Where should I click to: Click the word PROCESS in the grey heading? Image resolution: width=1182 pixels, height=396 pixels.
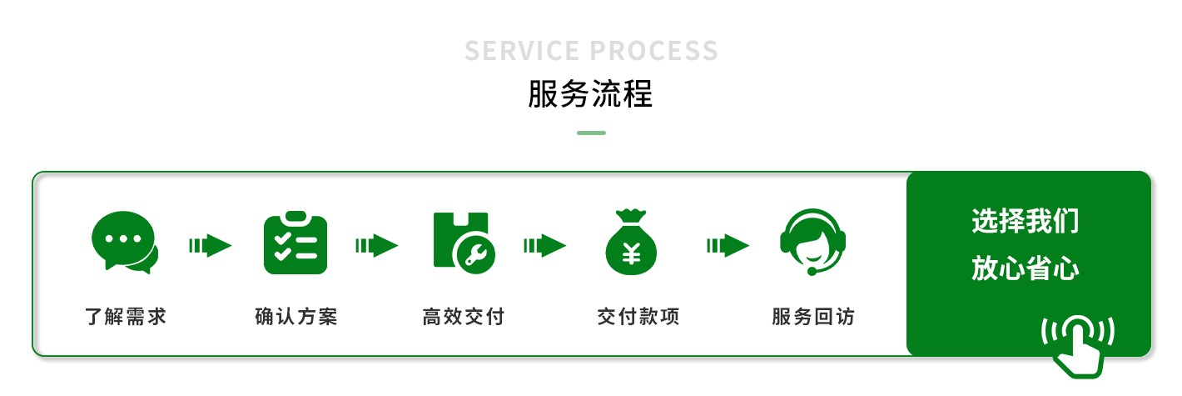click(653, 51)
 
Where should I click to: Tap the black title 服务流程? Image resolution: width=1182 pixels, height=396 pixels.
click(590, 94)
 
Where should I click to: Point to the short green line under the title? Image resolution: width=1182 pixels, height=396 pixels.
click(591, 133)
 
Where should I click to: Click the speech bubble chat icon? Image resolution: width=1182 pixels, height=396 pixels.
click(125, 242)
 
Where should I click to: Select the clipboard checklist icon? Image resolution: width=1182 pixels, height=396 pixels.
click(295, 242)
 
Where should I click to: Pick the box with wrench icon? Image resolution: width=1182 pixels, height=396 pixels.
click(464, 243)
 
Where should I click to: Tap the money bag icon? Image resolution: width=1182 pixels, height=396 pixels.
click(631, 242)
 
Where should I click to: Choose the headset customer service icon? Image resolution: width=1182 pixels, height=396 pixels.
click(812, 242)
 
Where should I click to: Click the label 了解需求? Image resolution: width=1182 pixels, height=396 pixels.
click(126, 317)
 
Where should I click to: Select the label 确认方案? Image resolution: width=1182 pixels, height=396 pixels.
click(296, 317)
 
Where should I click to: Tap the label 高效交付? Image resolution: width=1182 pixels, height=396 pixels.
click(464, 317)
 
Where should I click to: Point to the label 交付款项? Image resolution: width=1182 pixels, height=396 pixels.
click(638, 317)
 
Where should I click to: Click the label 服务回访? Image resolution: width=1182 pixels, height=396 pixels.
click(813, 317)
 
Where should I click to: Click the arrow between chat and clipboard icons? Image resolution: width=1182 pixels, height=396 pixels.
click(210, 245)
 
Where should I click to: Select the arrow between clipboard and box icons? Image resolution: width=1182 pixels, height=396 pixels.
click(377, 245)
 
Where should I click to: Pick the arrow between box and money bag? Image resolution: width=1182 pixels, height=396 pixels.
click(544, 245)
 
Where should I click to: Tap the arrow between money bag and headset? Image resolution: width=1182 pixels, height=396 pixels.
click(728, 245)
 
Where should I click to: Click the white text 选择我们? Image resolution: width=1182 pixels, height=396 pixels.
click(1026, 221)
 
